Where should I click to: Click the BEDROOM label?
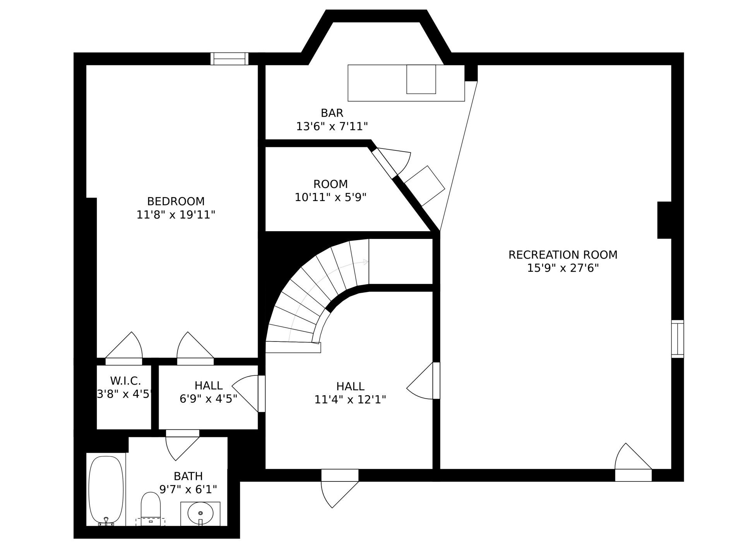176,201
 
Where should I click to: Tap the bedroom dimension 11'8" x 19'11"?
176,215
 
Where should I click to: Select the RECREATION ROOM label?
563,255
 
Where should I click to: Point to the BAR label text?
332,113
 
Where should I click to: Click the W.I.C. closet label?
125,381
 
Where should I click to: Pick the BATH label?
188,476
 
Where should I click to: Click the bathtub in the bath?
106,491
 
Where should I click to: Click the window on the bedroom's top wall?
229,59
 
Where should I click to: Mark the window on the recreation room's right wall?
678,339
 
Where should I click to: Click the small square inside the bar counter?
421,79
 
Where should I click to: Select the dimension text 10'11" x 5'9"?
330,197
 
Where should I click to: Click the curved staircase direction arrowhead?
366,262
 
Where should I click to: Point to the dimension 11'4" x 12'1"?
350,399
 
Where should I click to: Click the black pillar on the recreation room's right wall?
664,220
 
